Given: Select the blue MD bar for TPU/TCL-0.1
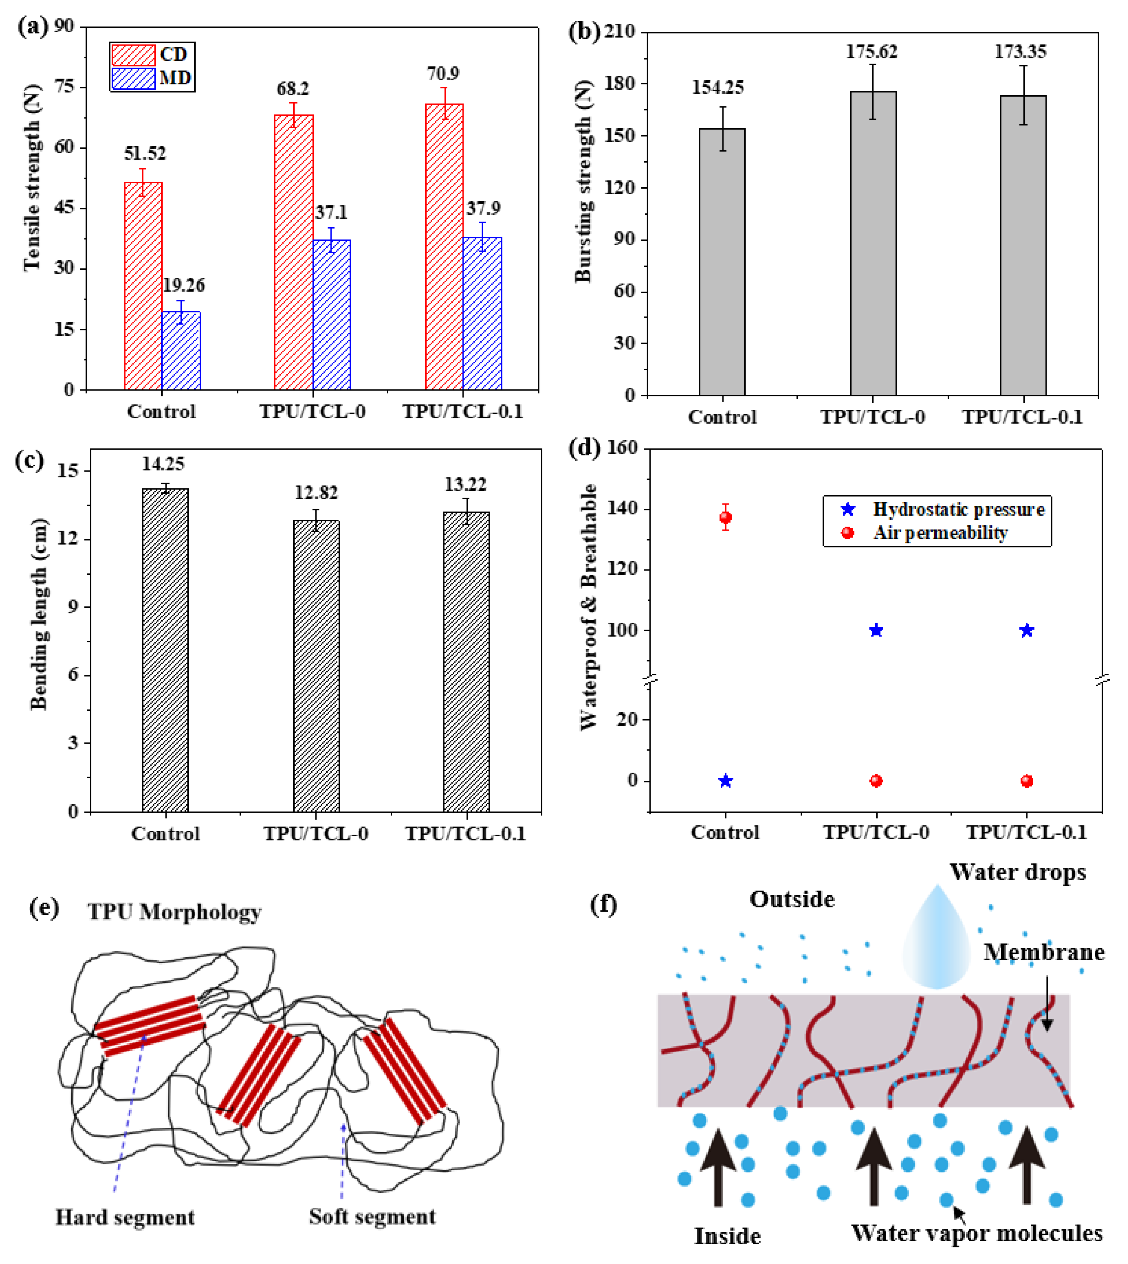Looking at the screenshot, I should tap(482, 313).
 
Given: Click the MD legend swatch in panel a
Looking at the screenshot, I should tap(133, 79).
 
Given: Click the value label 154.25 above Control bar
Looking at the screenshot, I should tap(718, 87).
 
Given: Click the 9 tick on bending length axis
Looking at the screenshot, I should tap(73, 606).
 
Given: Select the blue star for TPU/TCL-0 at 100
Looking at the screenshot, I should tap(876, 630).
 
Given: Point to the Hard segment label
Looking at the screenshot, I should tap(125, 1217).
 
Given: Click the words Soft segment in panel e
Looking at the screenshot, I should tap(372, 1216).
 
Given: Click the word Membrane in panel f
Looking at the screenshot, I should tap(1044, 952).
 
